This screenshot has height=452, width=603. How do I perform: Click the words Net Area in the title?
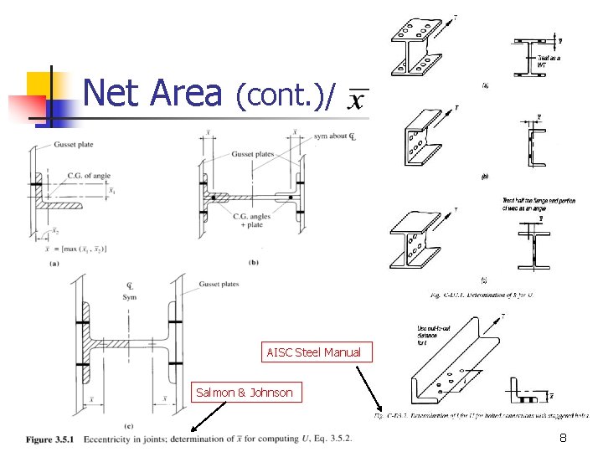[x=152, y=94]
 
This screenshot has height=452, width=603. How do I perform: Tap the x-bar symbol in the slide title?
[x=356, y=100]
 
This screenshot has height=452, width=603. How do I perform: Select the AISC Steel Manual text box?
[x=313, y=352]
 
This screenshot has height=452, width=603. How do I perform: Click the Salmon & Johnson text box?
[x=244, y=392]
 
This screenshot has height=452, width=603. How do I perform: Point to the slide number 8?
[x=564, y=437]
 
